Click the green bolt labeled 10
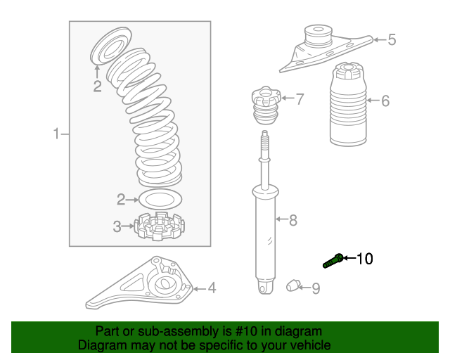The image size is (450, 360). click(x=333, y=261)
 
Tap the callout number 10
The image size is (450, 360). click(x=364, y=259)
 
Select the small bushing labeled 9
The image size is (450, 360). click(x=292, y=285)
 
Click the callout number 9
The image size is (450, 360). click(x=316, y=288)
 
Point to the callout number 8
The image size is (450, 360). click(x=293, y=220)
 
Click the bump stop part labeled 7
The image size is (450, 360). click(x=266, y=105)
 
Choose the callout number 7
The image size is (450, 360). click(x=300, y=98)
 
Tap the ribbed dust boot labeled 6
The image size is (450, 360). click(x=348, y=104)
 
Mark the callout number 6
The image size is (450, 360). click(x=385, y=101)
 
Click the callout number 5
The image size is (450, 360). click(x=392, y=39)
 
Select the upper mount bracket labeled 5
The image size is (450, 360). click(x=326, y=50)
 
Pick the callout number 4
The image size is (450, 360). click(x=212, y=288)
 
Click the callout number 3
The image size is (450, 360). click(x=117, y=226)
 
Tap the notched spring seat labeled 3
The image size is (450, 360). click(x=160, y=226)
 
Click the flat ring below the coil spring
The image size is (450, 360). click(x=160, y=199)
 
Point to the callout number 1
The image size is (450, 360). click(x=56, y=134)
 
